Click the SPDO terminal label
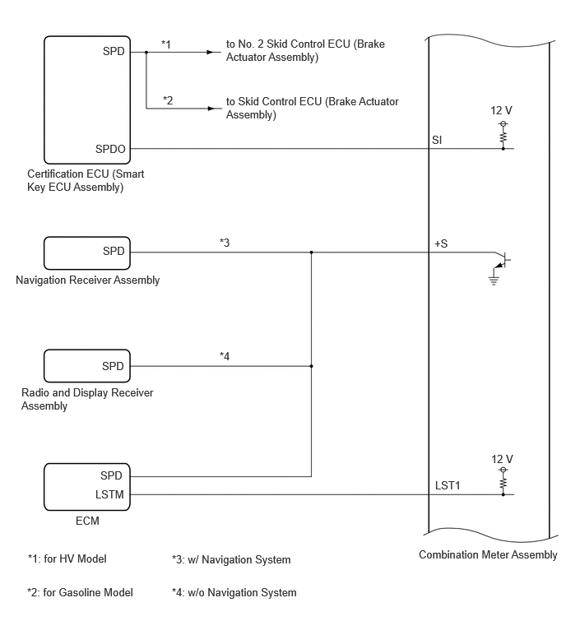coord(110,149)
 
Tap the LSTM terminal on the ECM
coord(109,494)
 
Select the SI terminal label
coord(437,140)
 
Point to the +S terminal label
coord(441,243)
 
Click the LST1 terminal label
coord(448,485)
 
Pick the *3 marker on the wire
coord(225,243)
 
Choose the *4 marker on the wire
coord(225,356)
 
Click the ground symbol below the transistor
coord(494,280)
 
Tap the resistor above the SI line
coord(503,137)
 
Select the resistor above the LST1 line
coord(503,483)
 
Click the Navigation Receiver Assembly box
coord(86,253)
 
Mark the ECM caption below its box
coord(87,521)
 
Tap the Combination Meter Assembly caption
coord(488,554)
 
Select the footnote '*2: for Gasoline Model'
coord(80,592)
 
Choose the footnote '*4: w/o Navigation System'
coord(234,592)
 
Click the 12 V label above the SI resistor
coord(501,110)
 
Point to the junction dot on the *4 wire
coord(311,366)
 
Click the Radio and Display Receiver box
coord(86,366)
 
